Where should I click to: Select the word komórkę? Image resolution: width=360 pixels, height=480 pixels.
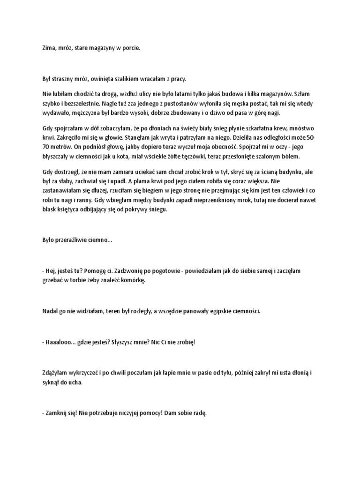coord(133,280)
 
